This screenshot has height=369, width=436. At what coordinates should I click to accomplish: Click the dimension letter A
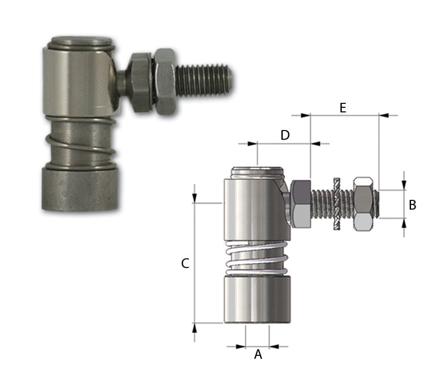pyautogui.click(x=258, y=355)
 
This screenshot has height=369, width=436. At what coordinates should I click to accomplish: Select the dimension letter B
pyautogui.click(x=412, y=205)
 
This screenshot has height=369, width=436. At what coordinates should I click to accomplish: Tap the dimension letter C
pyautogui.click(x=185, y=263)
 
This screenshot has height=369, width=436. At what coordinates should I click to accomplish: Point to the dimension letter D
pyautogui.click(x=285, y=135)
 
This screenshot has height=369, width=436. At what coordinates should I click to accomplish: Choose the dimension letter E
pyautogui.click(x=343, y=108)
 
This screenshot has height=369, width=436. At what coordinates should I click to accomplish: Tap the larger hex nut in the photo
pyautogui.click(x=165, y=82)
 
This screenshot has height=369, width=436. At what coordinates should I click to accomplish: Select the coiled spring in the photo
pyautogui.click(x=81, y=143)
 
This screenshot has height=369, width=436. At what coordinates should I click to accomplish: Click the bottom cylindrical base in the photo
pyautogui.click(x=80, y=188)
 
